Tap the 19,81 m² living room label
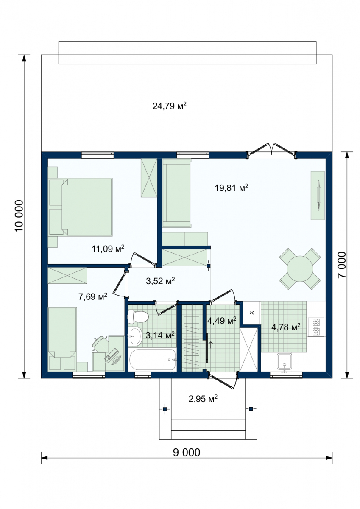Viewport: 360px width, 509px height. (x=232, y=187)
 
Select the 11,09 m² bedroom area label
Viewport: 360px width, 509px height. (x=108, y=249)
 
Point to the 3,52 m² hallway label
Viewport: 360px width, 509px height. (x=160, y=281)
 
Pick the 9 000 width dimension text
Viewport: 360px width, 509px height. (x=187, y=453)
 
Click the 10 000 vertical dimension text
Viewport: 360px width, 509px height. (x=19, y=216)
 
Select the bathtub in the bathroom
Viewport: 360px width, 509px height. (x=152, y=360)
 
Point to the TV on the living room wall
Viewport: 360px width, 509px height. (x=318, y=195)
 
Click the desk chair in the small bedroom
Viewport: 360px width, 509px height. (x=100, y=344)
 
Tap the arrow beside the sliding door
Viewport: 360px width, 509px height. (x=211, y=345)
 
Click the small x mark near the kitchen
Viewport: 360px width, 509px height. (x=251, y=313)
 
